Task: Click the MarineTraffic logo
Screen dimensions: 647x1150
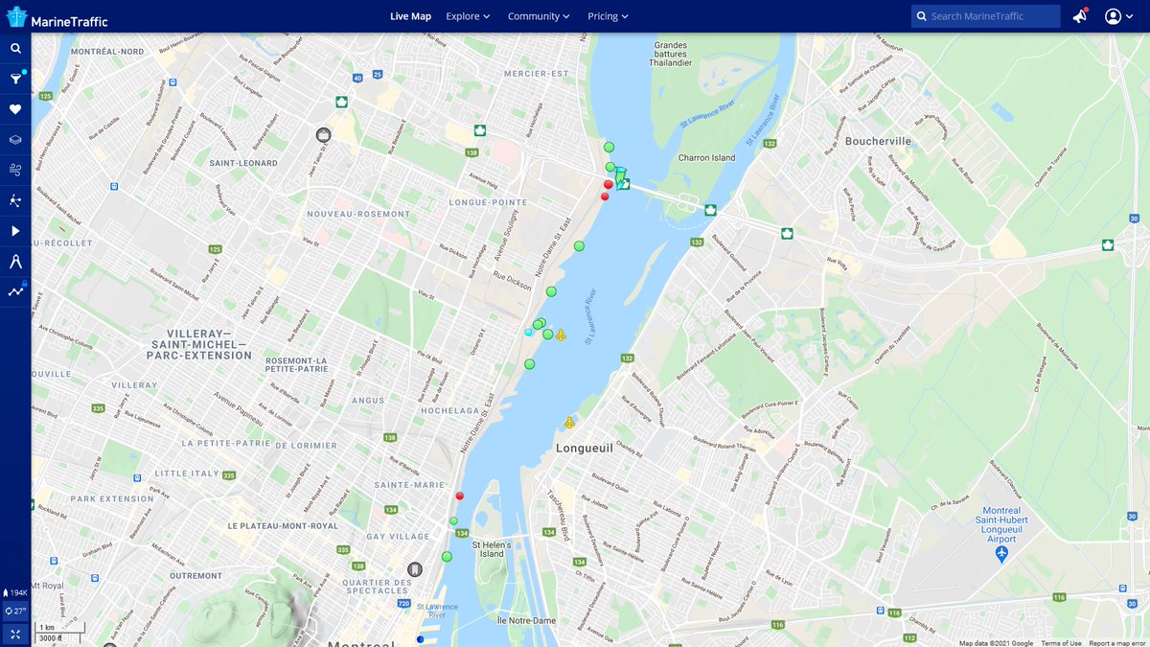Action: click(57, 16)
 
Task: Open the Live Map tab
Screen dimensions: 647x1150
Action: click(410, 16)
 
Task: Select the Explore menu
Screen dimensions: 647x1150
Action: click(468, 16)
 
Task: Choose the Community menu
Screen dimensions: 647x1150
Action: click(539, 16)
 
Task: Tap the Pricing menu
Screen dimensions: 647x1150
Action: click(608, 16)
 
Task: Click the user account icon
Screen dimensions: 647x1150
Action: click(1113, 16)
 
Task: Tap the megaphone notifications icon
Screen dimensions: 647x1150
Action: click(1080, 16)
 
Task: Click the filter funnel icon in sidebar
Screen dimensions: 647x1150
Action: click(15, 80)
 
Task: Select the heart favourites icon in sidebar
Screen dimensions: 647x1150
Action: click(15, 109)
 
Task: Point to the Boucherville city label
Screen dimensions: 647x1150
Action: click(878, 141)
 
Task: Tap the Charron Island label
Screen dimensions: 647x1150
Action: click(706, 158)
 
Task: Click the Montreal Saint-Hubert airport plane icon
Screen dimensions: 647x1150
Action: click(1001, 554)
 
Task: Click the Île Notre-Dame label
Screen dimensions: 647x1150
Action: click(526, 620)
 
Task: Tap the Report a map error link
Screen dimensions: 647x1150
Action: click(1116, 643)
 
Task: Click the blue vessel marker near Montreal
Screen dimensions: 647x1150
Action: click(420, 639)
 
